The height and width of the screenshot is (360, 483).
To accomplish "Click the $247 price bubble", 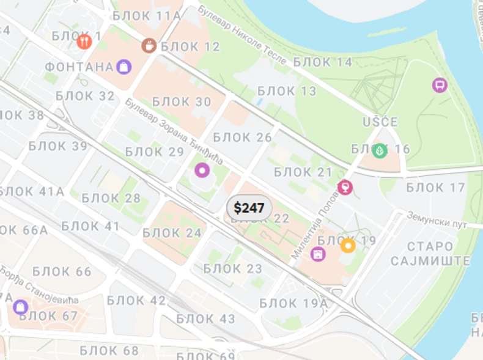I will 249,208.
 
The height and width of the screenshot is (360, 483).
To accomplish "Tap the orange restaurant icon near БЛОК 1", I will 84,42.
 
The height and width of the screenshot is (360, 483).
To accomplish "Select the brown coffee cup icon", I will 149,45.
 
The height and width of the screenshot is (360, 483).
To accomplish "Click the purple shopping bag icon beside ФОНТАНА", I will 124,66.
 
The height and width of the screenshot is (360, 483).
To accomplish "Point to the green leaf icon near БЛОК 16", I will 380,150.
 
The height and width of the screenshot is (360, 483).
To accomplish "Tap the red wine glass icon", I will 345,187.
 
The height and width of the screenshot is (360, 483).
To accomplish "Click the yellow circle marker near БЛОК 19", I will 348,245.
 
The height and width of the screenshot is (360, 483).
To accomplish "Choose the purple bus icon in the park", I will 439,85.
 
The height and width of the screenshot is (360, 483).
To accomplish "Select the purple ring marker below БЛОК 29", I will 202,170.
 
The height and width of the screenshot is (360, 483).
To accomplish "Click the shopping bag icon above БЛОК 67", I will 21,306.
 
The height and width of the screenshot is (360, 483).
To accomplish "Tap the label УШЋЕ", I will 380,122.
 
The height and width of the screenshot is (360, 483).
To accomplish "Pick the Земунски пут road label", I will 437,221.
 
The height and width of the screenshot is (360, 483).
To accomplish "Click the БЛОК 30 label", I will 181,101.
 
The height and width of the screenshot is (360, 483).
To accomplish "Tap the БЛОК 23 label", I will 232,268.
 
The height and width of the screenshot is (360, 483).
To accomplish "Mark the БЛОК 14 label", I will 323,62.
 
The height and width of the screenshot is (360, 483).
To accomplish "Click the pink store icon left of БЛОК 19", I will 318,254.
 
